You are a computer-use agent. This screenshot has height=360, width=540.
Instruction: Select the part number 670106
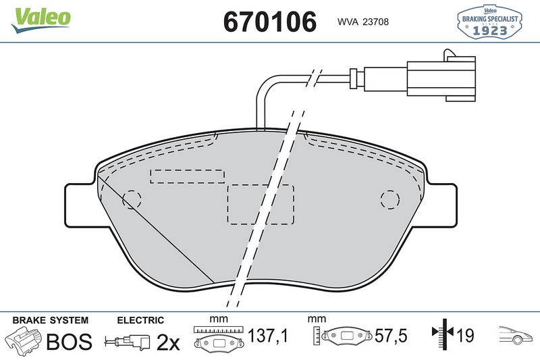point(269,22)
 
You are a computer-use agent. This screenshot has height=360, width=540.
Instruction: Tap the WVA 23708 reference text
point(362,22)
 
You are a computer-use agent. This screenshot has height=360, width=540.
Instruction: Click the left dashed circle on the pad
point(132,199)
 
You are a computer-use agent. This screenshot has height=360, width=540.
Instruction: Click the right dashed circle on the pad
point(389,199)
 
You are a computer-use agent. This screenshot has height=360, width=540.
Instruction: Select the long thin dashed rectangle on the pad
point(187,176)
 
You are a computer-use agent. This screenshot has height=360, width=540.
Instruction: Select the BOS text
point(69,342)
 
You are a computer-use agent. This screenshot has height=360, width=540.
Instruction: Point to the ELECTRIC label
point(141,320)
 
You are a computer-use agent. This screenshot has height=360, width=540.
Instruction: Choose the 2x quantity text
point(168,342)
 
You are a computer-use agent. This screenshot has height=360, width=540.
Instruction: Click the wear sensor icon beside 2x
point(128,342)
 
